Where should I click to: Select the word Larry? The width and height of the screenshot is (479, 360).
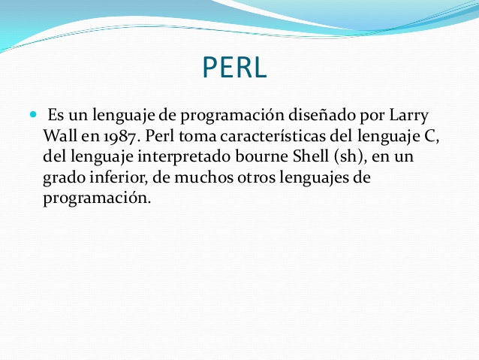tap(411, 116)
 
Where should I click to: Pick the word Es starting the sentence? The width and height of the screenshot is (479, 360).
tap(56, 116)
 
